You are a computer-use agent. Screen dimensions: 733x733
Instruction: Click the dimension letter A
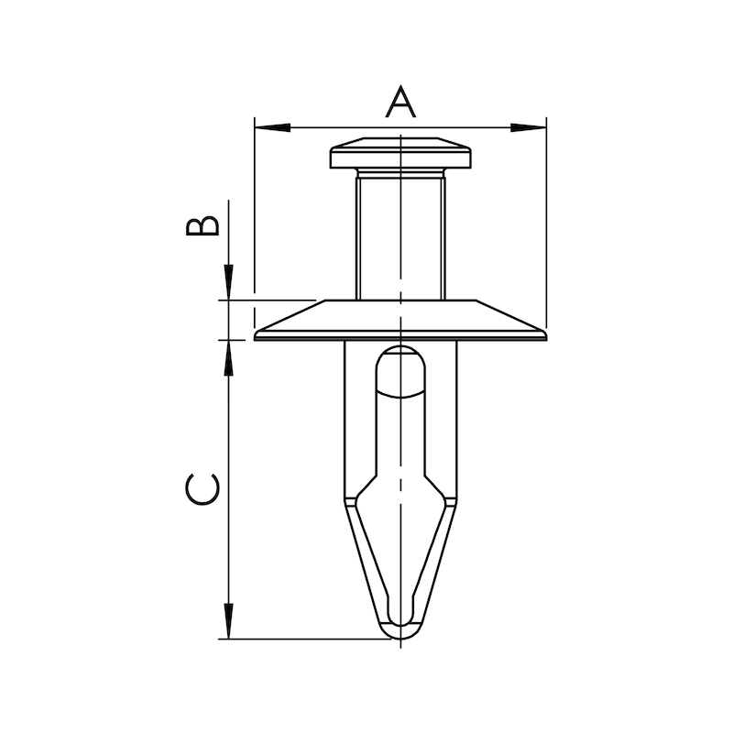[400, 101]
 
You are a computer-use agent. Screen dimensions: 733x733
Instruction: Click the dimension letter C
[202, 489]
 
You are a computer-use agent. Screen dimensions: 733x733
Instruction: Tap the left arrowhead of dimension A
[271, 126]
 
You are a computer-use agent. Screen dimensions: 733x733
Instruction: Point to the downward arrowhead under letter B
[228, 280]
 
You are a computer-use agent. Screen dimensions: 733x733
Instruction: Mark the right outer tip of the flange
[546, 336]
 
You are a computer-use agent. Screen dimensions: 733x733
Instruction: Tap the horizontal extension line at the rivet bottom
[302, 639]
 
